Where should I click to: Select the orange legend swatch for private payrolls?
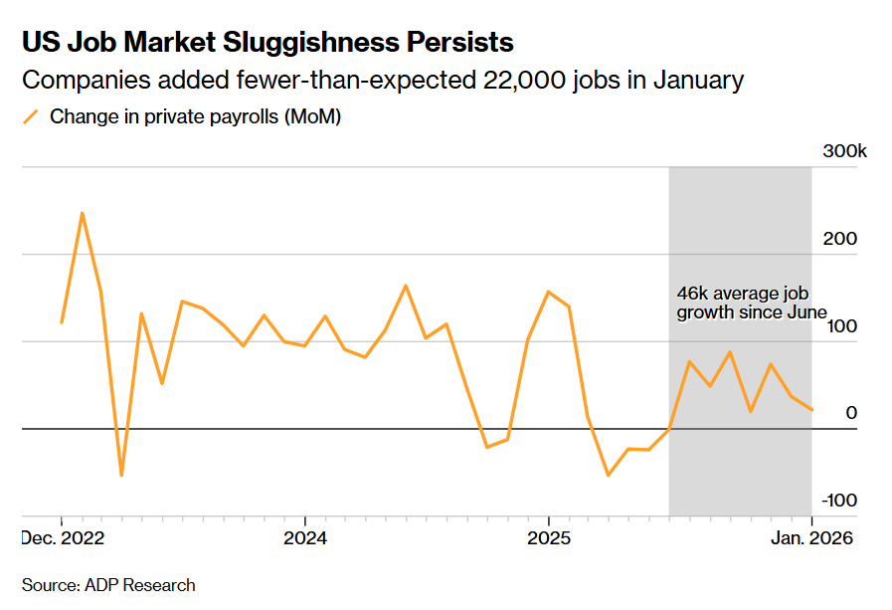click(31, 116)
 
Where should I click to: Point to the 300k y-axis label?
click(845, 152)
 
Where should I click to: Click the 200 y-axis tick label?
click(840, 240)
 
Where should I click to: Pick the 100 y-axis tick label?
click(840, 326)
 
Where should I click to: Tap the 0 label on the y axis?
click(850, 413)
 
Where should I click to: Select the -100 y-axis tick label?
click(837, 500)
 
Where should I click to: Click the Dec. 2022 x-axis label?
click(62, 538)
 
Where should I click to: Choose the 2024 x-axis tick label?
click(304, 538)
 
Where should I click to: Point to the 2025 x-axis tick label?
click(548, 538)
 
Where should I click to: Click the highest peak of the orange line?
click(82, 213)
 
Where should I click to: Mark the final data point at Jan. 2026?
click(811, 410)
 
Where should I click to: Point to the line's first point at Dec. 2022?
click(62, 322)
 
